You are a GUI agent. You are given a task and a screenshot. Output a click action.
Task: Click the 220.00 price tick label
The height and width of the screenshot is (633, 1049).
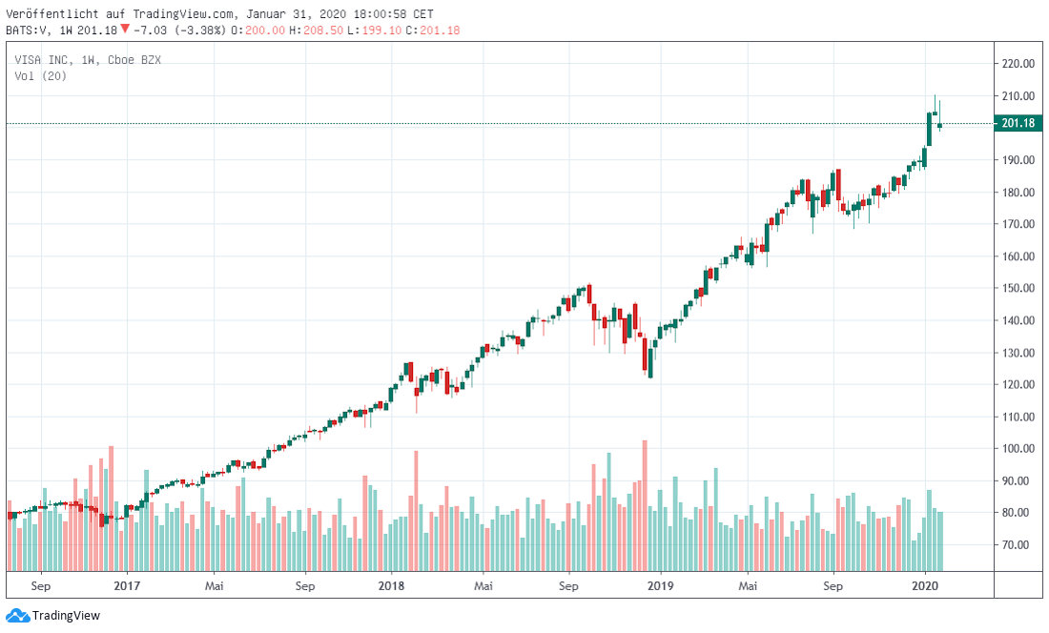[1018, 64]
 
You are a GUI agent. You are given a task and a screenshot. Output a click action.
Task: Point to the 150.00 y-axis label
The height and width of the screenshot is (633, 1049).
[1018, 288]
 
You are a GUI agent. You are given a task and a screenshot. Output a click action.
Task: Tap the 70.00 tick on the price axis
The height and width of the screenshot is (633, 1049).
[1018, 544]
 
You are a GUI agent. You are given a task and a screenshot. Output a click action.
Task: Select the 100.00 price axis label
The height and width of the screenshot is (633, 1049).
[1018, 448]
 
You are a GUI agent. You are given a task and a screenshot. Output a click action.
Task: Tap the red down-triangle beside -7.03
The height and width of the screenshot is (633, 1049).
[124, 29]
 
